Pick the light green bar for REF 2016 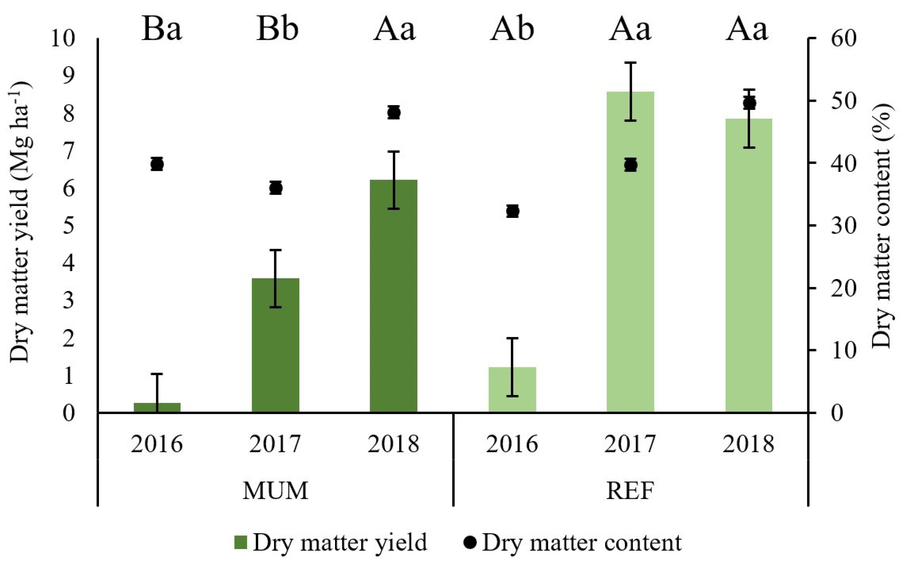512,391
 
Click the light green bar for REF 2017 630,262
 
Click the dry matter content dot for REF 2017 630,165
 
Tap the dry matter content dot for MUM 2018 394,112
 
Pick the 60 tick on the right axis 843,39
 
